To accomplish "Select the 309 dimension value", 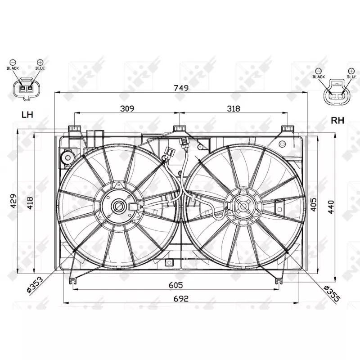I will [128, 108].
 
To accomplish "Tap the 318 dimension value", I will [234, 108].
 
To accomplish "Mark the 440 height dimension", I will [331, 205].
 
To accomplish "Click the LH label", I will [27, 115].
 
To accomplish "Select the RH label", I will [337, 120].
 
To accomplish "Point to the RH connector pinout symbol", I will [335, 92].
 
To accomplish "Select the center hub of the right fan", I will [243, 207].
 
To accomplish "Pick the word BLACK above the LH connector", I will [12, 68].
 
